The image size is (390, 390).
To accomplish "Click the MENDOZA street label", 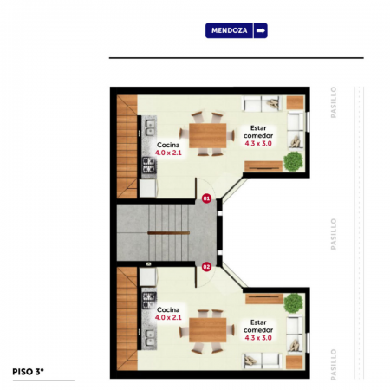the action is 229,30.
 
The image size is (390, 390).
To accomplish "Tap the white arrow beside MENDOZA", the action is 261,30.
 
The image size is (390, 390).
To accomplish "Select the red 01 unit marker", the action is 206,198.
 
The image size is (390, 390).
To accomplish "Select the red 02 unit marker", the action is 206,267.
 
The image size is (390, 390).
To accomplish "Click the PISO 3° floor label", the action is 28,372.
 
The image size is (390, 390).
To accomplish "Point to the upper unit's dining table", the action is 208,135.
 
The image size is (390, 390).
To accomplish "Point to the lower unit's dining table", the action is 208,330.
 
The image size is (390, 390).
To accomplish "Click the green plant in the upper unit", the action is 293,161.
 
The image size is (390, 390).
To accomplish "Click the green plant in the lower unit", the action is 293,303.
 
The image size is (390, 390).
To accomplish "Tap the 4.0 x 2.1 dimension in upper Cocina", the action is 168,153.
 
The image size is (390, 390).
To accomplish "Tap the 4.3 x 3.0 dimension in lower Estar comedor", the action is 258,338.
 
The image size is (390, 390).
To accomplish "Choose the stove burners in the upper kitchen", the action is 149,165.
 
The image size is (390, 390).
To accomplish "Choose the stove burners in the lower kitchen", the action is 149,301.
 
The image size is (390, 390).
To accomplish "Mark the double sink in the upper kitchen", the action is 150,127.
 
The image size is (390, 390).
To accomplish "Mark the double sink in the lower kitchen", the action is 150,338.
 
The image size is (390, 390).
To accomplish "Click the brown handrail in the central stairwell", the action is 169,232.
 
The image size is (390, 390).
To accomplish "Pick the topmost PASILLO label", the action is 334,102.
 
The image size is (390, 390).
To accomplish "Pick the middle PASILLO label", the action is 334,234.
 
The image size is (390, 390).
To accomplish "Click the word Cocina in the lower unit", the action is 168,309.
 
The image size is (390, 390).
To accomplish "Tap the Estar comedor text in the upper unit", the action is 258,132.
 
